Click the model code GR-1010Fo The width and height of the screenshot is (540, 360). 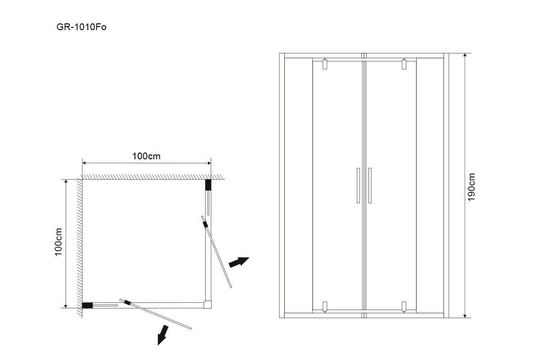click(81, 27)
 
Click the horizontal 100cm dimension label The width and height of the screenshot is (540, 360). click(146, 156)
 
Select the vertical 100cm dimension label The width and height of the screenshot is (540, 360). click(58, 243)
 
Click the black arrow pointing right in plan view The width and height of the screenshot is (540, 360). click(238, 262)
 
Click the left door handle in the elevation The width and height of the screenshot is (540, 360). click(358, 185)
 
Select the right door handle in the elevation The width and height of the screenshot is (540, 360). click(369, 185)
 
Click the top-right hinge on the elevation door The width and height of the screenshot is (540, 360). click(404, 64)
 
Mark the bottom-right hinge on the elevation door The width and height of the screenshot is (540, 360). click(404, 306)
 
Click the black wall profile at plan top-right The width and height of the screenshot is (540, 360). click(208, 185)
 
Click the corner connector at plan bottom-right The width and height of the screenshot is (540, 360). click(207, 305)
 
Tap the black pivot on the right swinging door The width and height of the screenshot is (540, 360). click(206, 223)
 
